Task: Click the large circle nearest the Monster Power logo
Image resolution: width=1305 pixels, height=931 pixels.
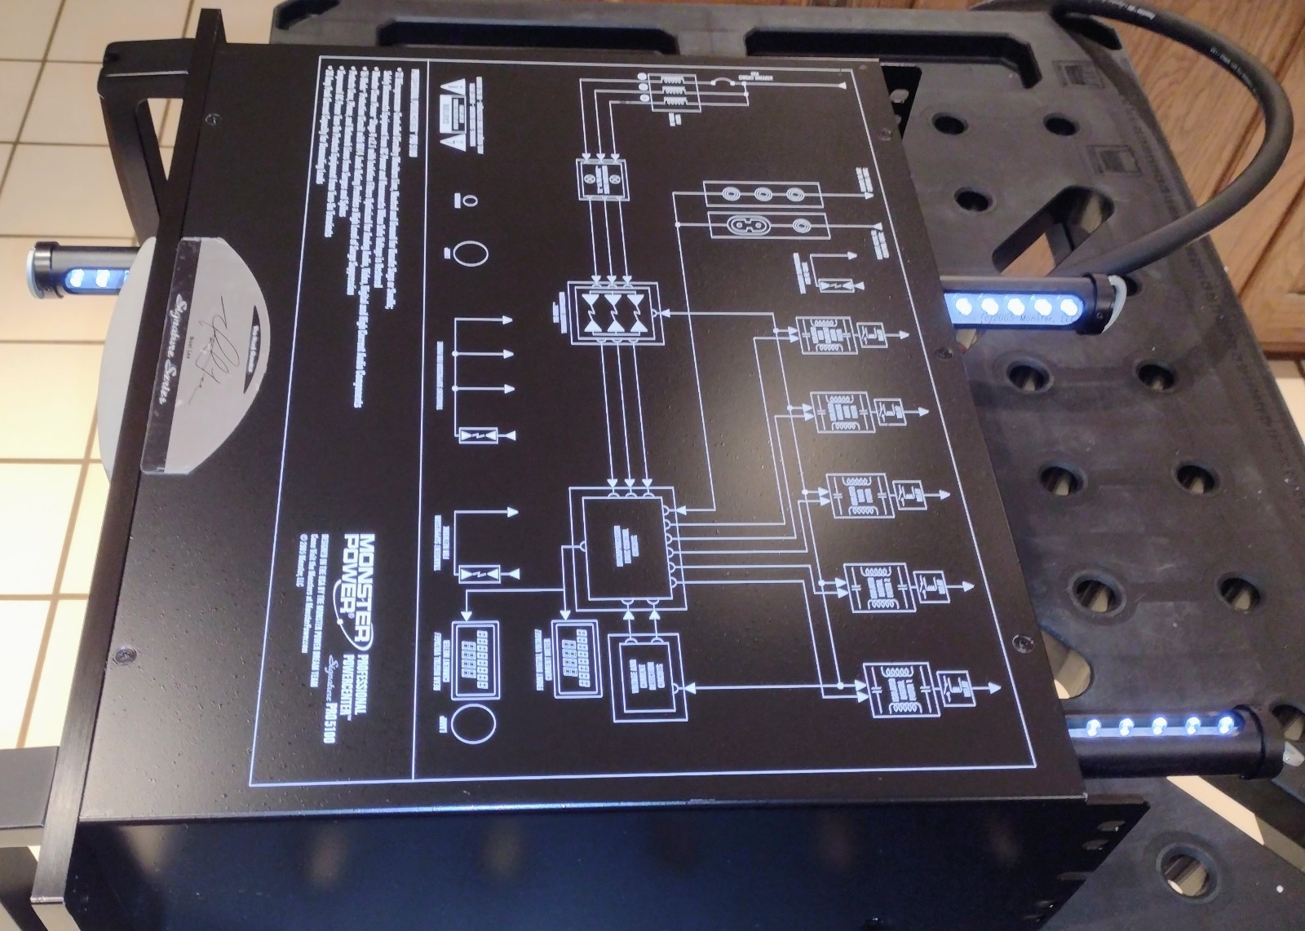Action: tap(472, 724)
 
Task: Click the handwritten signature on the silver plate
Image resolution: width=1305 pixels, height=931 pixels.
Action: tap(201, 356)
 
